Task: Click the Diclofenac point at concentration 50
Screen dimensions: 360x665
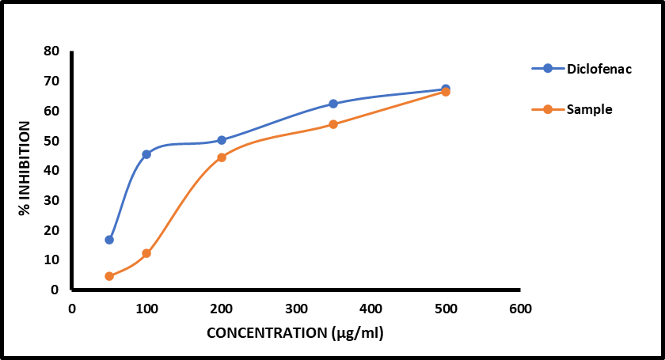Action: pos(109,240)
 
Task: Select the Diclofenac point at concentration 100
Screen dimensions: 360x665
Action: pos(146,154)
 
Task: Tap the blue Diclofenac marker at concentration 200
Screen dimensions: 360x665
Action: pos(222,140)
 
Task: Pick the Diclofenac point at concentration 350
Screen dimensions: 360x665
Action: pos(333,104)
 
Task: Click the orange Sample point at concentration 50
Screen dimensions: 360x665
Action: pos(109,276)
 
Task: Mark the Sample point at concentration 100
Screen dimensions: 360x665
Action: pos(146,253)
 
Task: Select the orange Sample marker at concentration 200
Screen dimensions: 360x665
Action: pos(222,157)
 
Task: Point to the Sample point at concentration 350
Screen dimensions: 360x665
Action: pos(333,124)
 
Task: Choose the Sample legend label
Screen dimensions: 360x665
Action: pos(589,110)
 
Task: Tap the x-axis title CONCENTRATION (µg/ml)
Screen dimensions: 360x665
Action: pos(295,332)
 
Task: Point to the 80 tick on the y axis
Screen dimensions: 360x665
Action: pos(51,51)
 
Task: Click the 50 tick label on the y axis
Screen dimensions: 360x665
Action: pos(51,141)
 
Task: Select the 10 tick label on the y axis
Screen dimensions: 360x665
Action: pos(51,260)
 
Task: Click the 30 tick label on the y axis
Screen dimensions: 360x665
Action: pos(51,200)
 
